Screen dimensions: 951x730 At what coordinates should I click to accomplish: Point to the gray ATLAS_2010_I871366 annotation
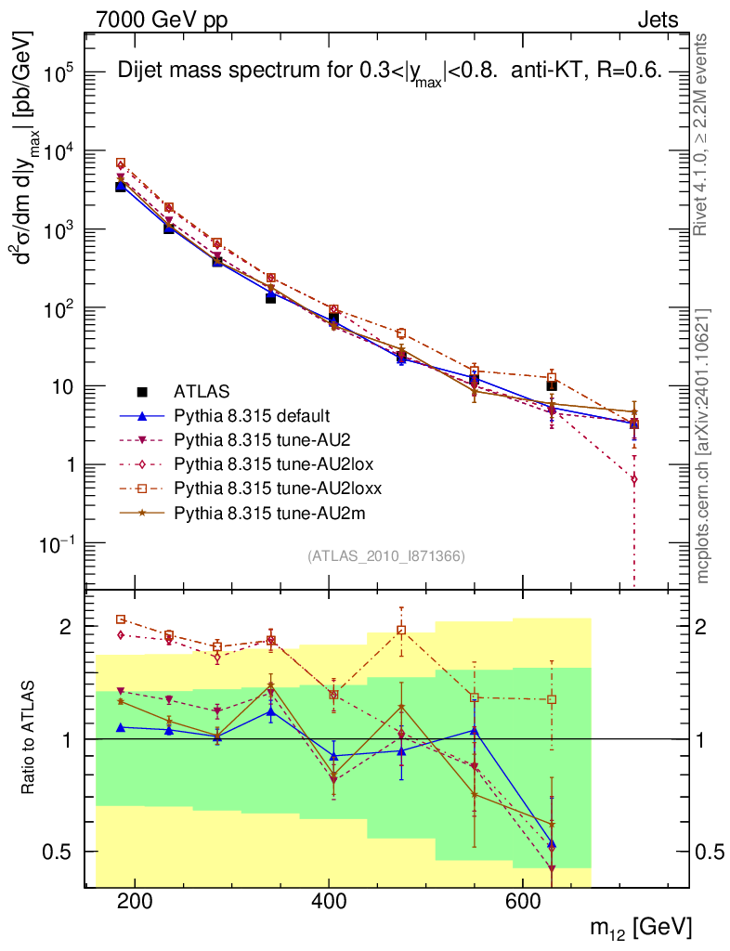(385, 555)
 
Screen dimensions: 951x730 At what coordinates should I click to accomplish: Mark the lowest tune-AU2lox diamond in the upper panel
(633, 479)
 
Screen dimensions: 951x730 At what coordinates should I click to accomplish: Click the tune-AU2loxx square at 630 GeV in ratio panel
(552, 699)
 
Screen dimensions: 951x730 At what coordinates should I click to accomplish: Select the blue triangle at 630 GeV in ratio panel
(552, 844)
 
